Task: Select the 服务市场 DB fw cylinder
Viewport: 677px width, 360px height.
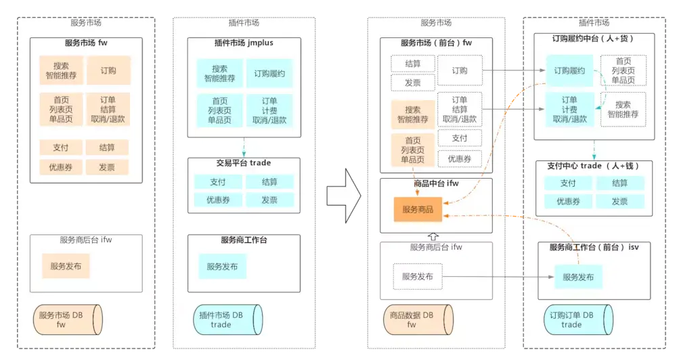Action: pyautogui.click(x=68, y=320)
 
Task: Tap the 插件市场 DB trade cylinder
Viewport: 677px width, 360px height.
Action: pyautogui.click(x=227, y=320)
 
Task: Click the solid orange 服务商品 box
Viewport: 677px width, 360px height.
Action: pyautogui.click(x=418, y=210)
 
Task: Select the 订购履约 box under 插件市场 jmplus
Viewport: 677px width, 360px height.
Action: pyautogui.click(x=274, y=73)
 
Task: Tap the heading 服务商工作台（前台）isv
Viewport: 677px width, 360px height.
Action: pyautogui.click(x=594, y=247)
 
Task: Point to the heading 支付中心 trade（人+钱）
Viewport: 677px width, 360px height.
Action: pyautogui.click(x=593, y=166)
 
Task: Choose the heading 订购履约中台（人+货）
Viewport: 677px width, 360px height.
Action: pyautogui.click(x=594, y=39)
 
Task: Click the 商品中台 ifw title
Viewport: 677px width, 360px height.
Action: pyautogui.click(x=436, y=183)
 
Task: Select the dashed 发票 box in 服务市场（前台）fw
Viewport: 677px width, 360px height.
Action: pyautogui.click(x=413, y=83)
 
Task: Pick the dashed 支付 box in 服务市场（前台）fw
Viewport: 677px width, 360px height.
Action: pyautogui.click(x=460, y=138)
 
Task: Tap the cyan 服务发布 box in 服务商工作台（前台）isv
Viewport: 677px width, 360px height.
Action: pyautogui.click(x=578, y=277)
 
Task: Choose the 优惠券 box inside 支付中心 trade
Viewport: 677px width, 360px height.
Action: pyautogui.click(x=569, y=201)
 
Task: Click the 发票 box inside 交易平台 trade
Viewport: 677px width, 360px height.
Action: pyautogui.click(x=269, y=200)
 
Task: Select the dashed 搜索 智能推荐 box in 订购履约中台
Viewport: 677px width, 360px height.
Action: pyautogui.click(x=624, y=110)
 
